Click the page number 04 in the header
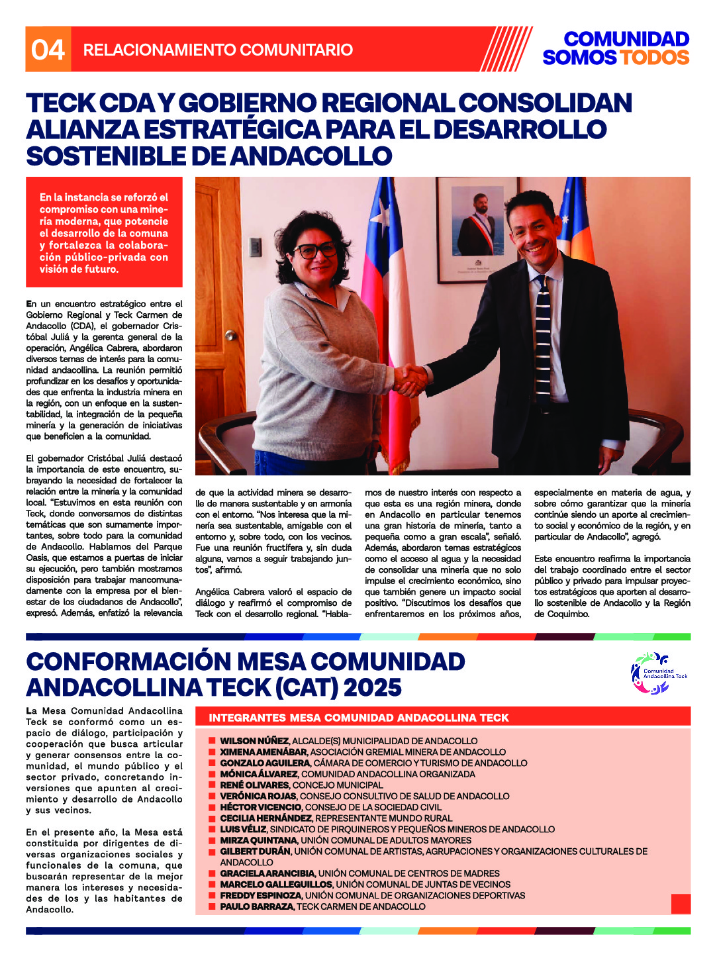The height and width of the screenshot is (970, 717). (48, 50)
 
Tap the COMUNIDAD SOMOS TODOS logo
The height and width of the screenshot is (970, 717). (616, 48)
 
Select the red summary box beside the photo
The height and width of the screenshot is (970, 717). (104, 232)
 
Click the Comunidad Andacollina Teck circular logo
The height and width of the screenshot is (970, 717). (658, 674)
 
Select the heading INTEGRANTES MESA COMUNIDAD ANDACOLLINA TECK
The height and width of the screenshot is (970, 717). (359, 718)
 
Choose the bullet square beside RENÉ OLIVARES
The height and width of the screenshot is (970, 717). (212, 785)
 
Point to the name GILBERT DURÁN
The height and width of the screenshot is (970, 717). (255, 851)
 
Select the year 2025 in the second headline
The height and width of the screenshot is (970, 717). (373, 688)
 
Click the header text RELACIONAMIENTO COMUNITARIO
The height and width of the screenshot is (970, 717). (218, 50)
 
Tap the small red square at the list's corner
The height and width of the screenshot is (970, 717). (681, 904)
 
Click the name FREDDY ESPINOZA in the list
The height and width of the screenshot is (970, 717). (260, 895)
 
